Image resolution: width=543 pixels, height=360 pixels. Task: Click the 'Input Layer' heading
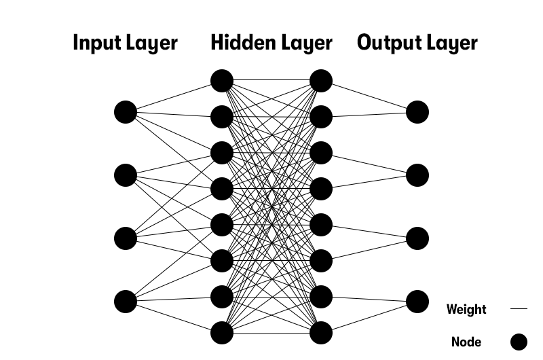tap(125, 43)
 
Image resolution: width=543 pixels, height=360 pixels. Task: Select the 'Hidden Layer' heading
tap(271, 43)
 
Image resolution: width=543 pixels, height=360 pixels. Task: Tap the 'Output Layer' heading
tap(417, 43)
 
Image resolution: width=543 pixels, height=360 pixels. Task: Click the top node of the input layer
tap(126, 112)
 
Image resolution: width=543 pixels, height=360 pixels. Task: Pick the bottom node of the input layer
tap(126, 301)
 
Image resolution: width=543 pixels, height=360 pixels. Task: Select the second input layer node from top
tap(126, 175)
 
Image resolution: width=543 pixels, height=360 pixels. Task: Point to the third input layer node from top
tap(126, 238)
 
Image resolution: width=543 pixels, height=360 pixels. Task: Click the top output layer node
tap(417, 112)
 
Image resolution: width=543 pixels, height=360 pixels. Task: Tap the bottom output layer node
tap(417, 301)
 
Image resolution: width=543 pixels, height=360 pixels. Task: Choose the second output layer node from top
tap(417, 175)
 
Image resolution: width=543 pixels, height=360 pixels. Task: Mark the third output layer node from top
tap(417, 238)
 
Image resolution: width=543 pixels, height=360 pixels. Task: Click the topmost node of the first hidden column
tap(222, 81)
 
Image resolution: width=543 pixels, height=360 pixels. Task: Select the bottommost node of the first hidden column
tap(222, 333)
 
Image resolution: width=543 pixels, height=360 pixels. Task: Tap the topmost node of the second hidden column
tap(321, 81)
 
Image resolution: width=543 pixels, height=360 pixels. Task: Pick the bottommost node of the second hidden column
tap(321, 333)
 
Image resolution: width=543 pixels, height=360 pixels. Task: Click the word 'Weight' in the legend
tap(466, 310)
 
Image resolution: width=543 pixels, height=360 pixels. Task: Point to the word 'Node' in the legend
tap(466, 342)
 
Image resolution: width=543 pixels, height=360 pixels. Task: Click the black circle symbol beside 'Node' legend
tap(519, 342)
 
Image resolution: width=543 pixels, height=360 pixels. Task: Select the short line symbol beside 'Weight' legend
tap(519, 309)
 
